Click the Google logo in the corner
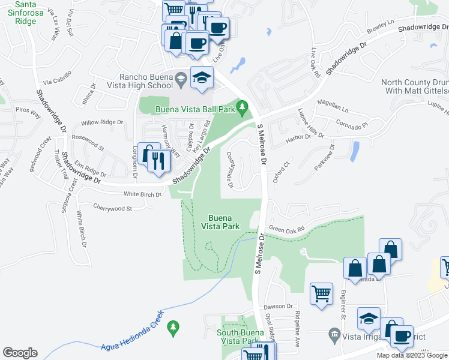coord(20,353)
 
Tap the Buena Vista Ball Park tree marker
coord(243,109)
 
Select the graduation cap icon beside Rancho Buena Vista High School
coord(202,78)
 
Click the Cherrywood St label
coord(112,208)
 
